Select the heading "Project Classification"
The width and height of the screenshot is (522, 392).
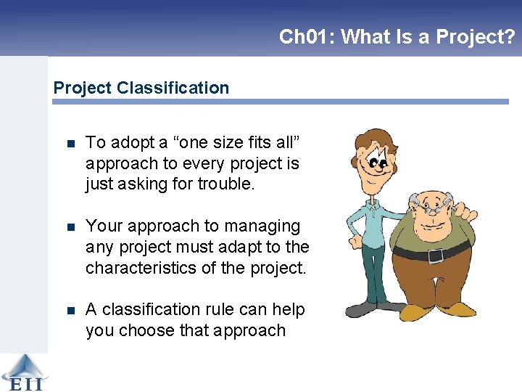click(x=141, y=88)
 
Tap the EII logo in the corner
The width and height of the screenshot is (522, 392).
click(x=23, y=372)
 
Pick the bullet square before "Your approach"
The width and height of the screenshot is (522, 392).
click(x=70, y=227)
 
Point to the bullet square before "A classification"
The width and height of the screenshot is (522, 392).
click(x=70, y=310)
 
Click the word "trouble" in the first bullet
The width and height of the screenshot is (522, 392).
click(x=225, y=184)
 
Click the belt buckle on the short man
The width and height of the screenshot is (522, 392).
click(x=435, y=256)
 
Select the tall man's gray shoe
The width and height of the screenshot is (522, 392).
click(x=360, y=310)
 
